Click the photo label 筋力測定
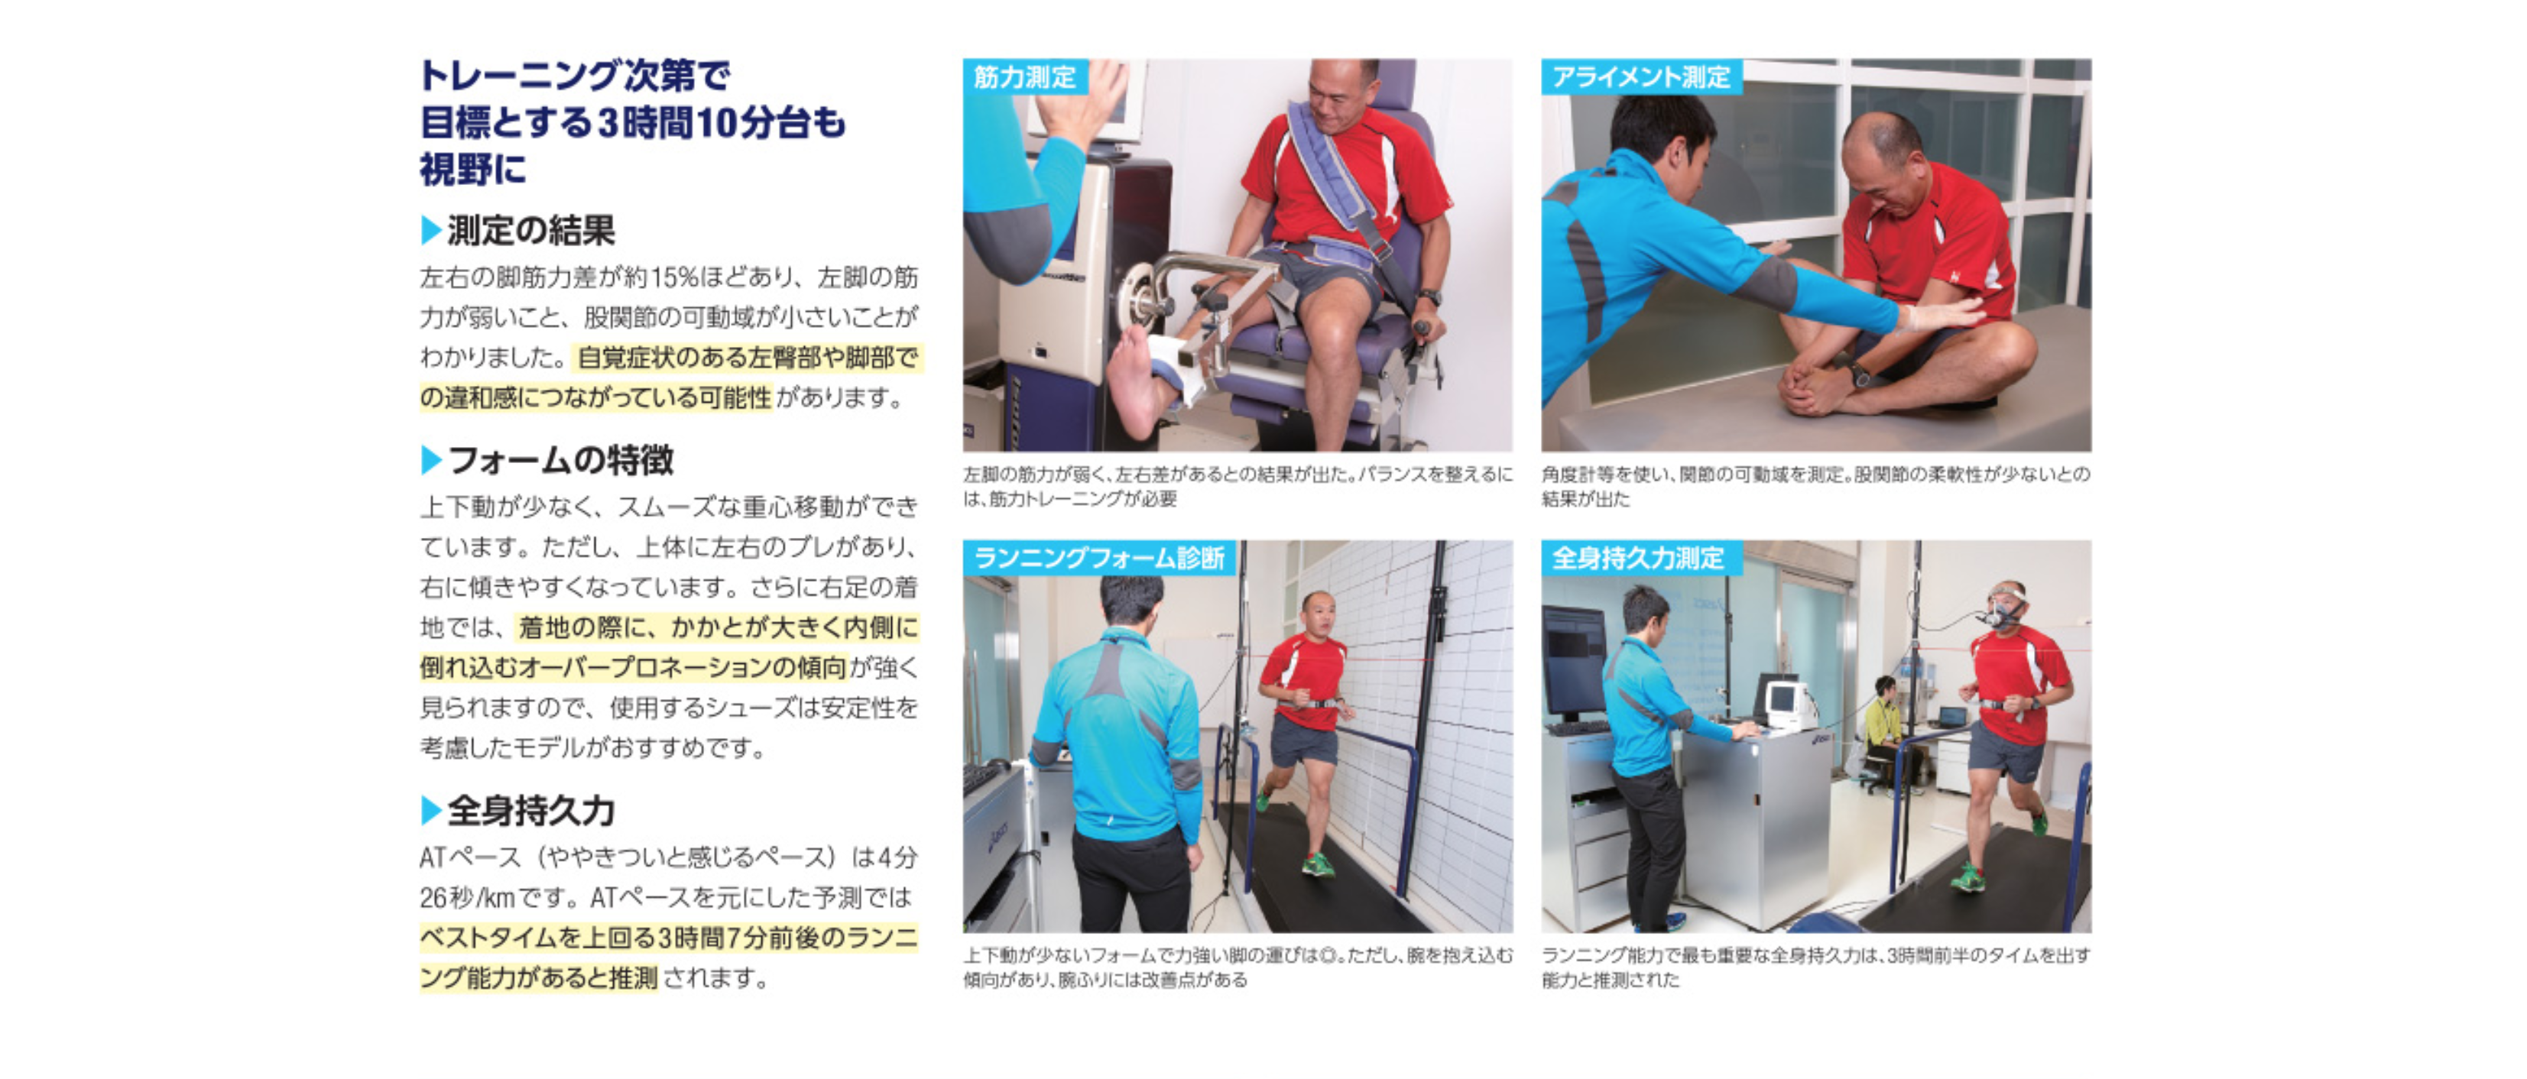click(1024, 76)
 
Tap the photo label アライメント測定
click(1640, 76)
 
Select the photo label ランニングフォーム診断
click(1098, 557)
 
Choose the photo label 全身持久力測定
click(1637, 557)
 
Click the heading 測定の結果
click(530, 231)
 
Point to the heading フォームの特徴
click(560, 459)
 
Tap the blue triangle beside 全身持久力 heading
click(430, 810)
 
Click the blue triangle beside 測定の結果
click(430, 231)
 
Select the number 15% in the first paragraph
click(682, 277)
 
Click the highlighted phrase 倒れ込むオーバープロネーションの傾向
click(633, 667)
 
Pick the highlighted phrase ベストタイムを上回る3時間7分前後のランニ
click(669, 938)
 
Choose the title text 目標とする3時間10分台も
click(633, 122)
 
